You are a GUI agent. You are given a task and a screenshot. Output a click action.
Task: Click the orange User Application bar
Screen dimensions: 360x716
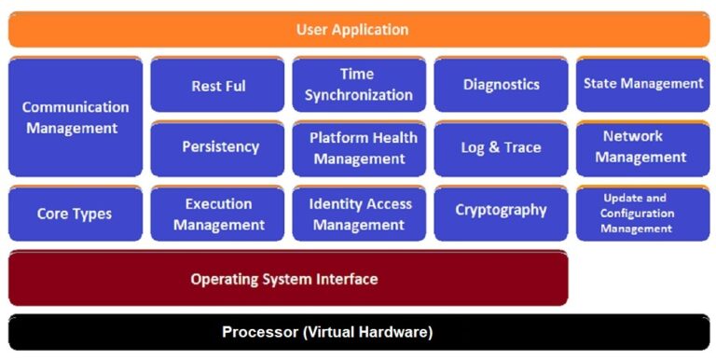(358, 29)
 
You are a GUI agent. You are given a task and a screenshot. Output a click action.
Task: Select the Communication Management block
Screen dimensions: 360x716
(76, 118)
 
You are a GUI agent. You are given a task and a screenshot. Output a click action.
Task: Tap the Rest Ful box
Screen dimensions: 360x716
(218, 86)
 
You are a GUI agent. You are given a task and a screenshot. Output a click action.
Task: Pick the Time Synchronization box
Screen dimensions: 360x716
(359, 85)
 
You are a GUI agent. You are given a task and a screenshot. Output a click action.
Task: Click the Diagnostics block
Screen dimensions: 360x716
(501, 85)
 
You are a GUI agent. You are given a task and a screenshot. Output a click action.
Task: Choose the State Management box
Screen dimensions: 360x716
(642, 84)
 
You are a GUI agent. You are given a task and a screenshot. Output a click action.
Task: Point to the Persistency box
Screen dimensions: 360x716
(218, 147)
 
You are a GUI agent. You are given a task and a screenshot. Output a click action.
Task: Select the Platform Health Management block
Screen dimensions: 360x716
(359, 147)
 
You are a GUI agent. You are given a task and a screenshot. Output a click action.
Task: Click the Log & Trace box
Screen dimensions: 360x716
(501, 147)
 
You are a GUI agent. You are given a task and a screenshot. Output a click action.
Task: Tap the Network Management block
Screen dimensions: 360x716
(642, 146)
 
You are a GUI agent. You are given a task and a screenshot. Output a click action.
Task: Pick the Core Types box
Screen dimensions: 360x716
(76, 214)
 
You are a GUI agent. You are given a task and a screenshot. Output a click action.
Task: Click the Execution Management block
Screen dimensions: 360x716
(218, 214)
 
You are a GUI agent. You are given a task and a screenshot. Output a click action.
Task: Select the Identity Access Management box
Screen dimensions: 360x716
(359, 214)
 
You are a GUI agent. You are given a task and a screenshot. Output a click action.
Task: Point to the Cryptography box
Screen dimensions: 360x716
(501, 211)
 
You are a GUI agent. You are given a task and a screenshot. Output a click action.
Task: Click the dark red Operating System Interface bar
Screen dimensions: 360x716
(287, 278)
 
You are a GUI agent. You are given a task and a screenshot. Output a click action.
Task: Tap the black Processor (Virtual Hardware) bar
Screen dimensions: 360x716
(358, 332)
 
